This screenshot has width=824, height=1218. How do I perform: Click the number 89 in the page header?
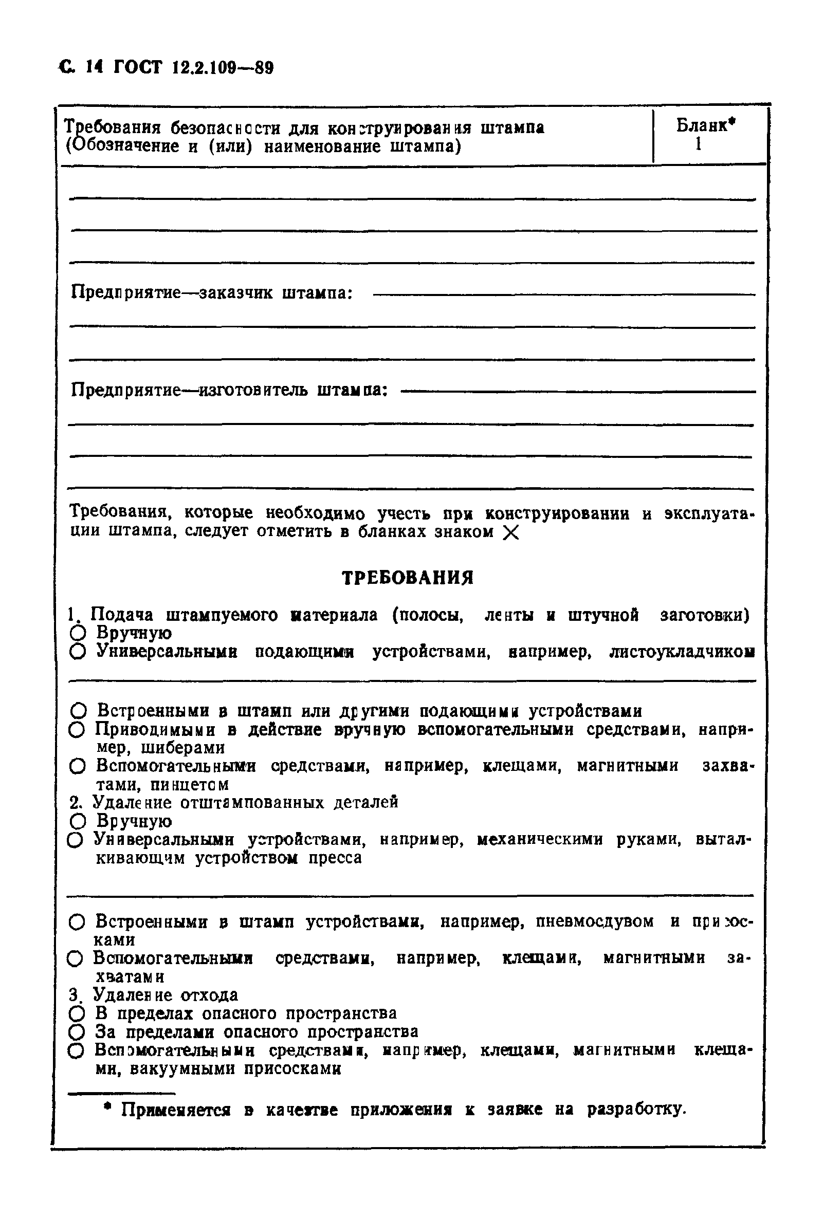[264, 69]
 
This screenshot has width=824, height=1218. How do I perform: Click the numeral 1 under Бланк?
[698, 143]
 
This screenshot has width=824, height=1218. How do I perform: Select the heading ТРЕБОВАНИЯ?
[407, 578]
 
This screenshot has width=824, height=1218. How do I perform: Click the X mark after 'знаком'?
[510, 533]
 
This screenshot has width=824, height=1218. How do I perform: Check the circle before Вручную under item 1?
[77, 634]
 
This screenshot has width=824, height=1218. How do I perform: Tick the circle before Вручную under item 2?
[77, 821]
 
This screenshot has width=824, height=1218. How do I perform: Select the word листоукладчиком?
[682, 653]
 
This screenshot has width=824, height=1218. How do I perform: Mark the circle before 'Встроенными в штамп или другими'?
[78, 711]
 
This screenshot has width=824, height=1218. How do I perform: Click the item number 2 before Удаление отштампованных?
[75, 803]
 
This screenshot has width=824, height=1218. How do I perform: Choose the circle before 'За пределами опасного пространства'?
[77, 1032]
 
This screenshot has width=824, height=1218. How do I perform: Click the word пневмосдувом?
[594, 921]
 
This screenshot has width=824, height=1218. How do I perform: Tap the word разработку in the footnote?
[636, 1110]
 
